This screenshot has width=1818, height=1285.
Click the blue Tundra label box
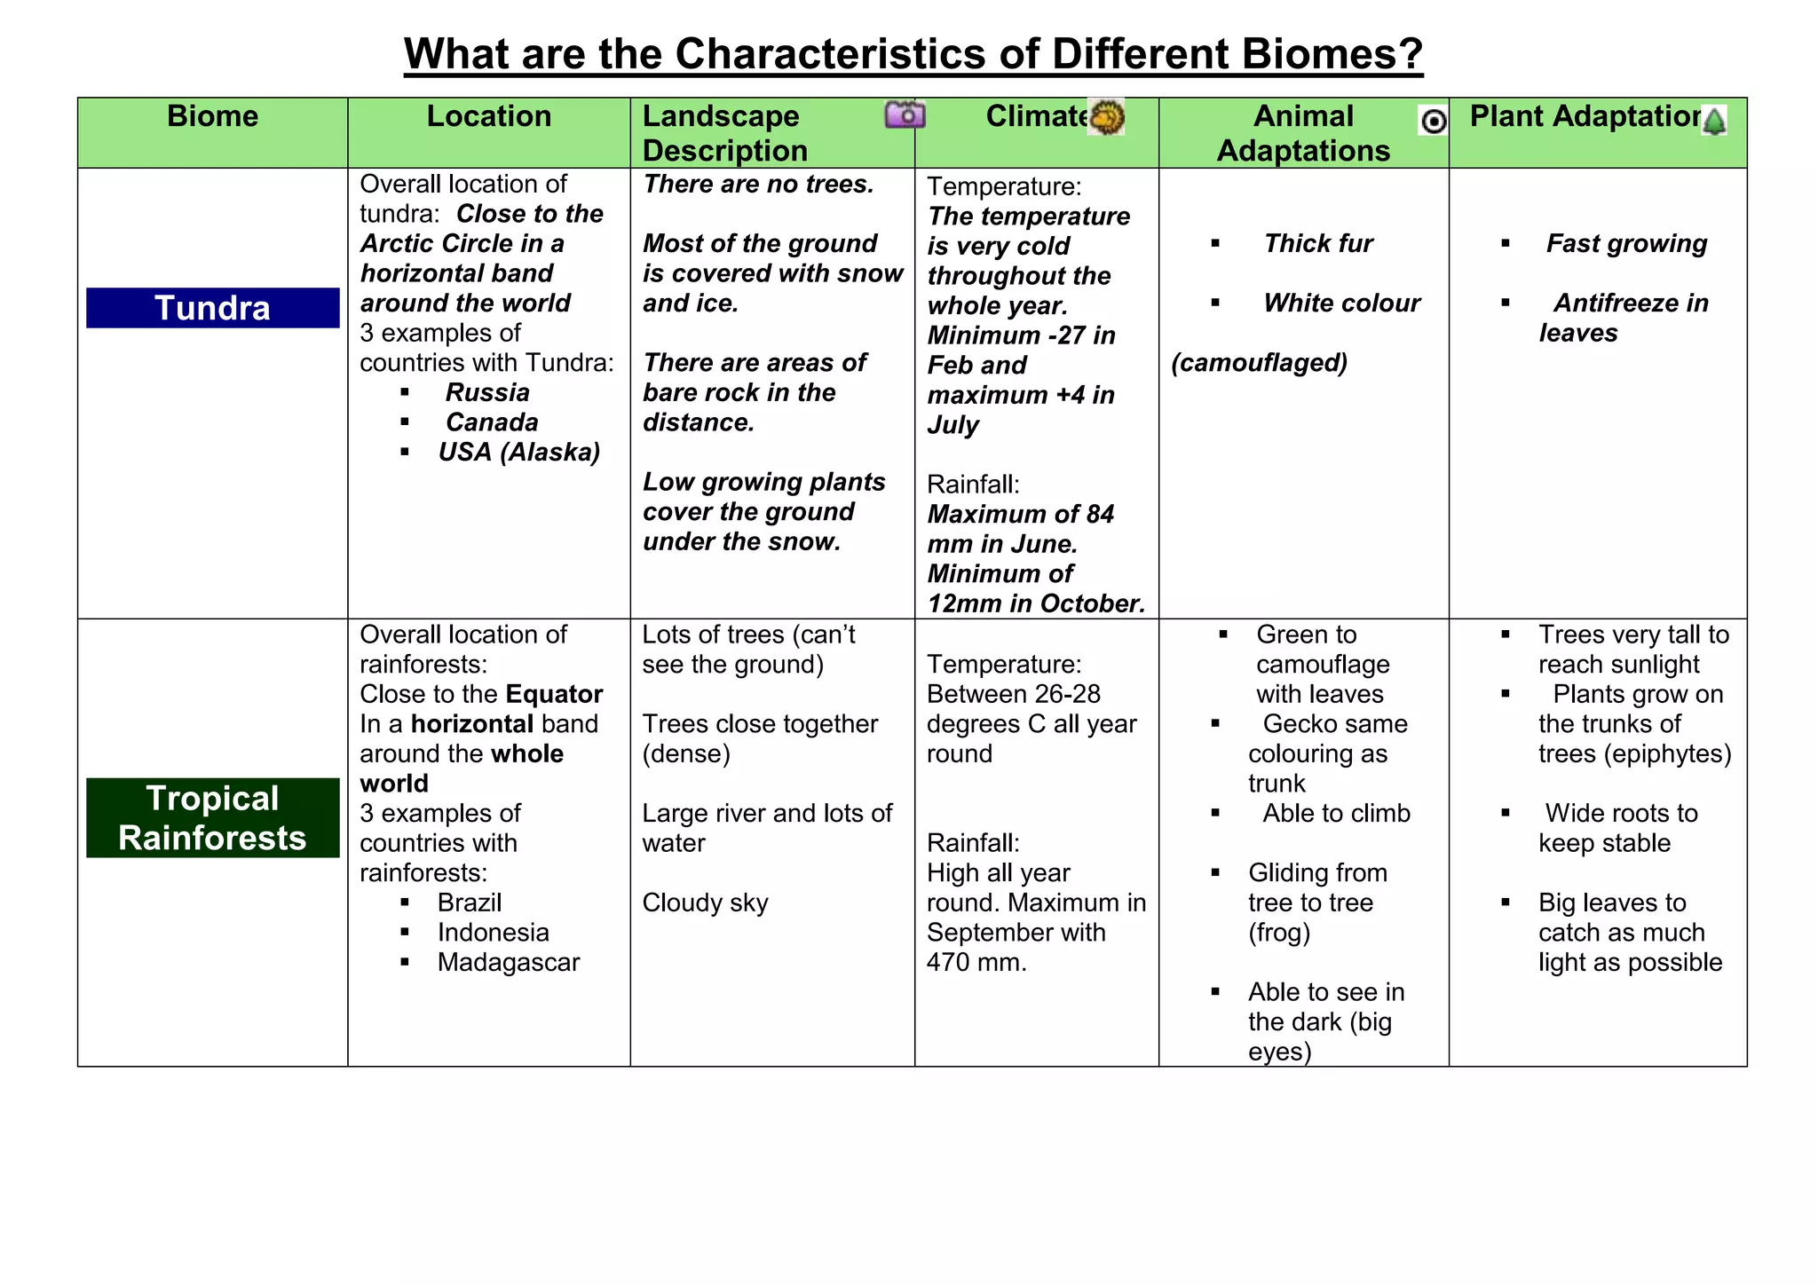[212, 308]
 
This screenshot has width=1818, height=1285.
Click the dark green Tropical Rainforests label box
[212, 817]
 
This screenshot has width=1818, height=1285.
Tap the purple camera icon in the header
[905, 114]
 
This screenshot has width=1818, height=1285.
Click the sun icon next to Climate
[1106, 116]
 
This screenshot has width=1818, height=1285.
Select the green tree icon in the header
[1714, 121]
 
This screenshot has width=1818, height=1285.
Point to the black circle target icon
[1433, 121]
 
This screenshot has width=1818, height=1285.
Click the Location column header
[488, 116]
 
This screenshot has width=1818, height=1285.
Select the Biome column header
[212, 116]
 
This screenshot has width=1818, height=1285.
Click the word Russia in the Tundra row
[487, 392]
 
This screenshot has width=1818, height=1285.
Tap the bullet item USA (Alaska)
[518, 452]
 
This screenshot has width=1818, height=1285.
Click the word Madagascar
[508, 962]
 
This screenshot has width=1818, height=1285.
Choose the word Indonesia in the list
[493, 932]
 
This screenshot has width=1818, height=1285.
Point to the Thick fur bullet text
[1318, 243]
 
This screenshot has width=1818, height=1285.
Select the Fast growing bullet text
[1626, 243]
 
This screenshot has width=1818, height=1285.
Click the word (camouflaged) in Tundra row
[1259, 362]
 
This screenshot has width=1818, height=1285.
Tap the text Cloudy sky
[705, 903]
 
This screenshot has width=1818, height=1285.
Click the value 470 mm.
[976, 962]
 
